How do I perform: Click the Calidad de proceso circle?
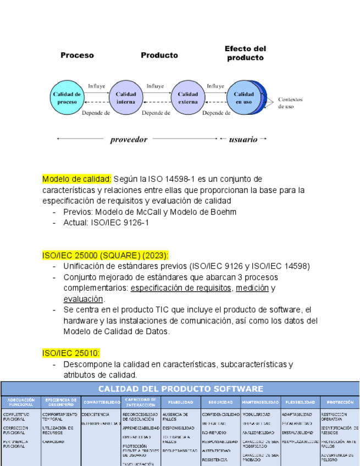(x=67, y=98)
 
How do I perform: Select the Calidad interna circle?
(x=126, y=98)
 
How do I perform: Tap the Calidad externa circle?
(x=187, y=98)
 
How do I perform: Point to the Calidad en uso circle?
(x=243, y=98)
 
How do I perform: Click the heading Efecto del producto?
(x=245, y=53)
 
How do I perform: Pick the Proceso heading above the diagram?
(x=77, y=55)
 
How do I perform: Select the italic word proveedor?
(x=129, y=140)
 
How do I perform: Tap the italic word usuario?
(x=243, y=140)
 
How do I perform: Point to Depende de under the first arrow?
(x=96, y=113)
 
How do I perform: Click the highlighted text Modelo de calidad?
(x=77, y=179)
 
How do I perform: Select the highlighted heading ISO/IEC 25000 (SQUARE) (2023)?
(x=106, y=256)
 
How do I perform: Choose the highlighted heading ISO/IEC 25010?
(x=71, y=353)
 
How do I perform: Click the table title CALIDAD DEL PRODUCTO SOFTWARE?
(x=180, y=389)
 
